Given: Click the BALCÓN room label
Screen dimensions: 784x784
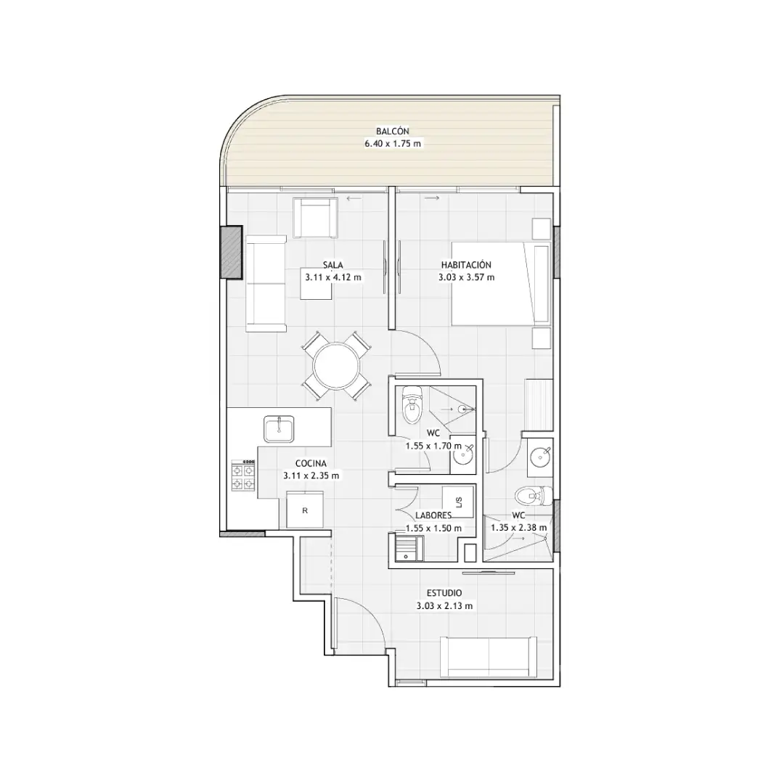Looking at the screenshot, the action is point(393,131).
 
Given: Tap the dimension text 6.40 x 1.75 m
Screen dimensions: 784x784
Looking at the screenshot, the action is point(393,144).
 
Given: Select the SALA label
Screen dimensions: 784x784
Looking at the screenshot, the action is point(333,265).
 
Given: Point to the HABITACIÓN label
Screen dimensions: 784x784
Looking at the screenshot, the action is point(466,265).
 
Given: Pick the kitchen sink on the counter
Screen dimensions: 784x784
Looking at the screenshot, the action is point(279,429).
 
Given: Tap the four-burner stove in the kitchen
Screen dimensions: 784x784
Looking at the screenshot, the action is point(243,475).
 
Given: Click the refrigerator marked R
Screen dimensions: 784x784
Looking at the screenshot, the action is point(304,510).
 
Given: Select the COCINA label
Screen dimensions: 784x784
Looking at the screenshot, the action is point(311,464).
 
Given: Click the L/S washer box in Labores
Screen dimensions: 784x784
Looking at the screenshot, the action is point(458,502).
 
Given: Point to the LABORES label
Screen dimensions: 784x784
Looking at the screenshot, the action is point(433,515).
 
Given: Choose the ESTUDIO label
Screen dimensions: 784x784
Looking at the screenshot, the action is point(444,593).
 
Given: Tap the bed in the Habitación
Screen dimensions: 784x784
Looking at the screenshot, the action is point(501,284).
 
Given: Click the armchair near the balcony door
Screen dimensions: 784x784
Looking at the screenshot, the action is point(315,218).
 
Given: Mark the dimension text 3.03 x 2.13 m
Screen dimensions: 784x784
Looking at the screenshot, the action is point(444,606).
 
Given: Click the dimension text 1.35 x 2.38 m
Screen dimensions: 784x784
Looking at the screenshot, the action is point(518,528).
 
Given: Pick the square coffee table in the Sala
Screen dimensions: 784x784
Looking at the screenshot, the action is point(316,285).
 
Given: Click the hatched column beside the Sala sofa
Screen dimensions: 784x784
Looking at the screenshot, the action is point(232,253).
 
